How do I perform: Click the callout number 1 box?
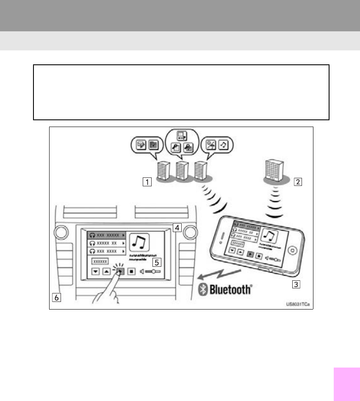click(147, 183)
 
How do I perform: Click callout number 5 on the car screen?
click(157, 262)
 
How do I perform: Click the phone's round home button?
click(292, 250)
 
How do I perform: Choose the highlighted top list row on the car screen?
click(106, 234)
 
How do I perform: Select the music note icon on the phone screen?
click(269, 236)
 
